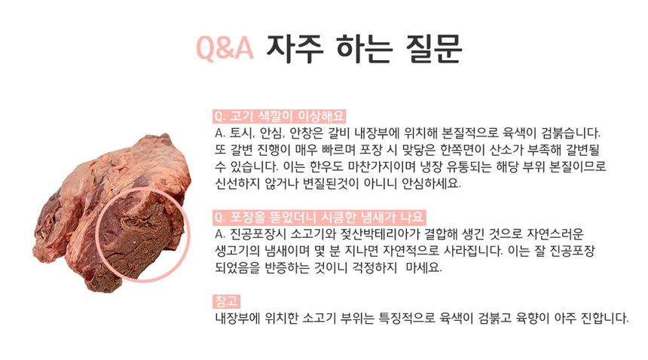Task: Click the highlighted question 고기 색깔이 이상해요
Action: (x=280, y=117)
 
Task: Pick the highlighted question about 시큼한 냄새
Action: (x=320, y=219)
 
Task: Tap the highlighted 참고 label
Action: (x=227, y=302)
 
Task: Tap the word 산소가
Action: (x=492, y=150)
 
